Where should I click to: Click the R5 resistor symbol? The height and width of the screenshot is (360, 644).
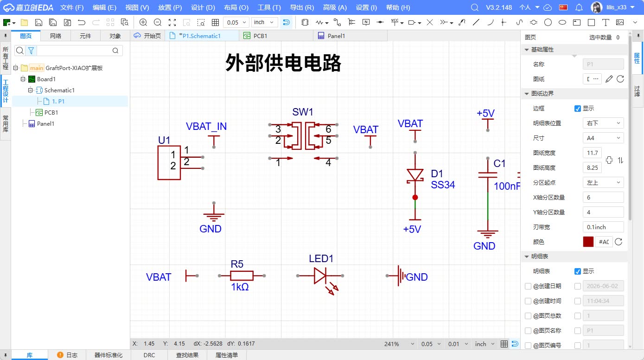tap(242, 276)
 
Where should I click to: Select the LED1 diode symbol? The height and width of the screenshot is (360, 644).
tap(320, 276)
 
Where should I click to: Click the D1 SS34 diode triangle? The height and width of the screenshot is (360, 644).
tap(415, 175)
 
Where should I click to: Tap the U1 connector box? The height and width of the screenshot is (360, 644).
tap(169, 162)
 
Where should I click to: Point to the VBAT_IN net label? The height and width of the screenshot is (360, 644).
tap(206, 126)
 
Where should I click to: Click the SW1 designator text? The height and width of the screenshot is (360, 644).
tap(302, 112)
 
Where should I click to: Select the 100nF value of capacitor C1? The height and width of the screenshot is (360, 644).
tap(507, 186)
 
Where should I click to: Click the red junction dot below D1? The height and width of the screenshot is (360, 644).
tap(415, 198)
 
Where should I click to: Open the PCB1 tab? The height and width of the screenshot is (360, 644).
tap(260, 36)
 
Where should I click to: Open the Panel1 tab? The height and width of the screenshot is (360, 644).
tap(336, 36)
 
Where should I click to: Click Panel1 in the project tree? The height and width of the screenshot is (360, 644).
tap(45, 124)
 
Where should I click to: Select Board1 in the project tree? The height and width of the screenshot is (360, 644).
tap(46, 79)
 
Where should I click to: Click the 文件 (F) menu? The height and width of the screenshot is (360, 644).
tap(72, 7)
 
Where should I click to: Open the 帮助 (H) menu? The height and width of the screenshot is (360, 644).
tap(398, 7)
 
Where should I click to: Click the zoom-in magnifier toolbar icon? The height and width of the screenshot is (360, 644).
tap(143, 22)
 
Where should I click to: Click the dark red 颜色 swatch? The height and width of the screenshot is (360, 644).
tap(588, 242)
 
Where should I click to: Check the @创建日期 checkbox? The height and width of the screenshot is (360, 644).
tap(528, 286)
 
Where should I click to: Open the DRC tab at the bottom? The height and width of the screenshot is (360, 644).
tap(149, 355)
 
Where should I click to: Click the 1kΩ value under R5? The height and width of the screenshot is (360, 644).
tap(240, 287)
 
